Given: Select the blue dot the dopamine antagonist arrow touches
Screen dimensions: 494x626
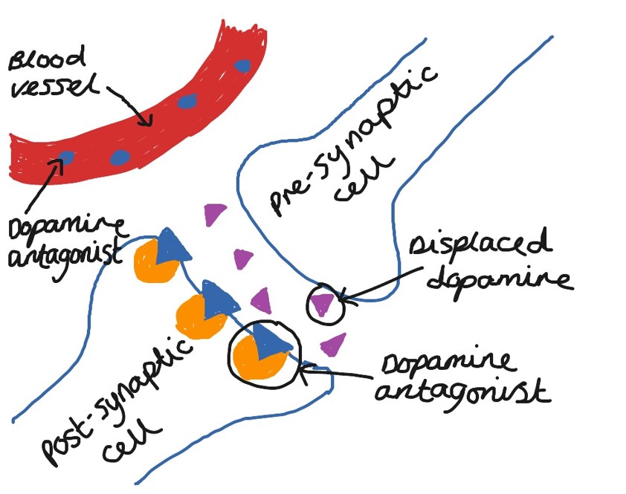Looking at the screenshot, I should pyautogui.click(x=66, y=157).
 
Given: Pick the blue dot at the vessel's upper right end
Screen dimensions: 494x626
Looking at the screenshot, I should pyautogui.click(x=242, y=65).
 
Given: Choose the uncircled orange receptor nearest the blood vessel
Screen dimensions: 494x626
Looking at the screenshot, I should pyautogui.click(x=152, y=261).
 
